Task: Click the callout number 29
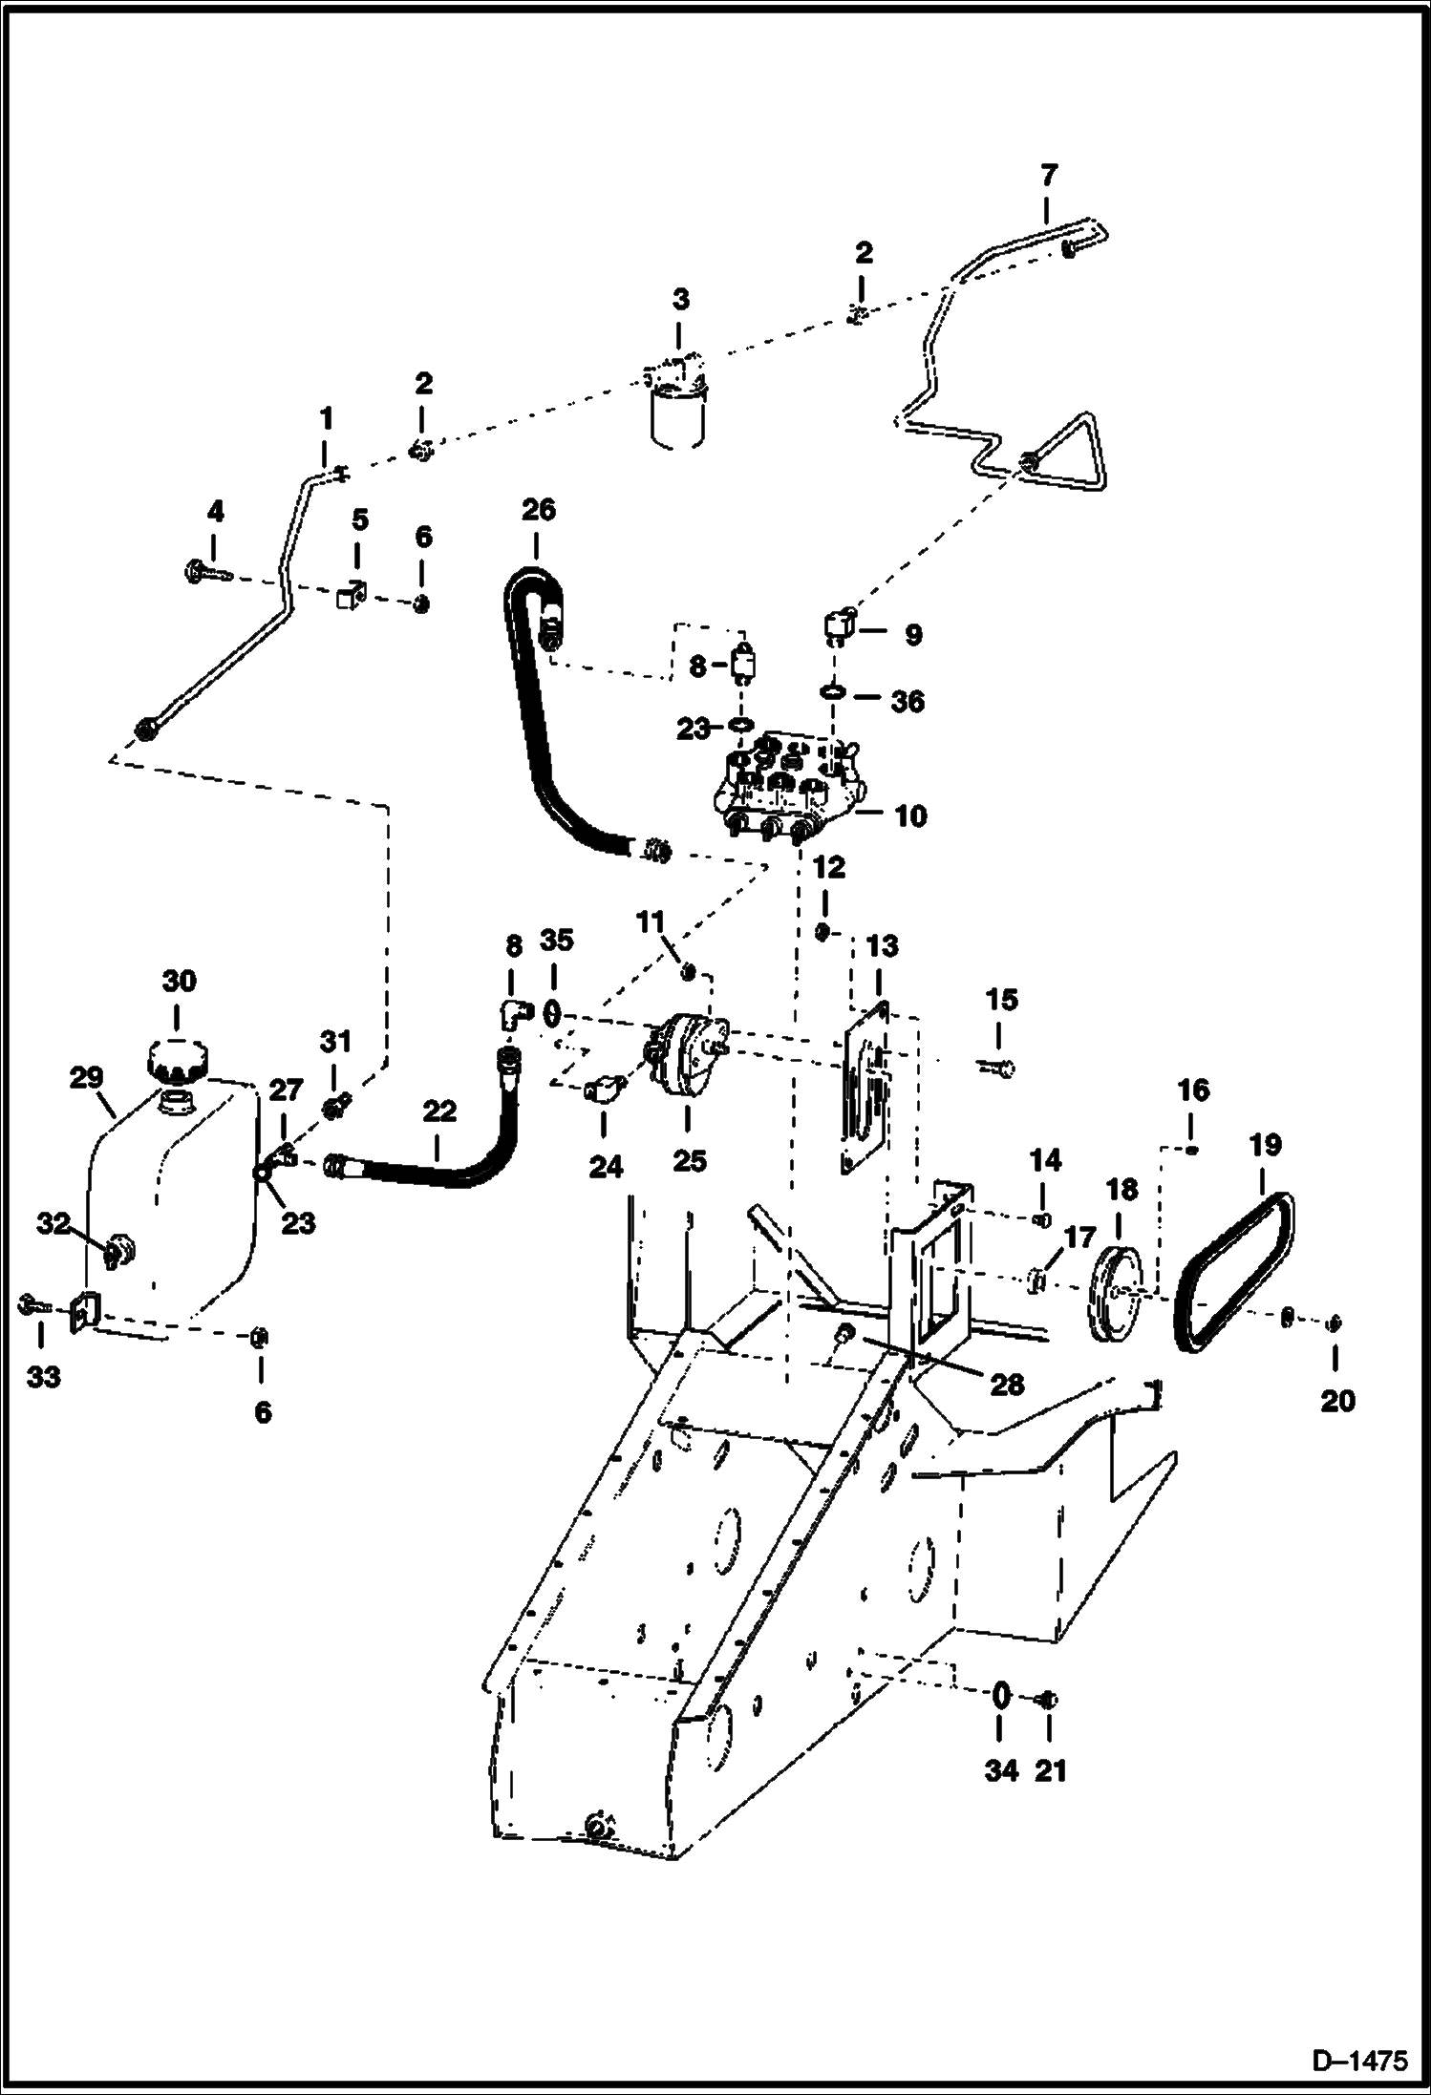(x=86, y=1078)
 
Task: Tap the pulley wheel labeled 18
(x=1115, y=1294)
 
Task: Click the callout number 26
(x=538, y=510)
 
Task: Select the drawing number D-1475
(x=1358, y=2063)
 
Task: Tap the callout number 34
(x=1000, y=1770)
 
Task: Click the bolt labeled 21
(x=1047, y=1700)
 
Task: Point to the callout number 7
(x=1048, y=176)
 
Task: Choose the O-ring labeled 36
(x=834, y=689)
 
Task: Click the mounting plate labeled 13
(x=866, y=1089)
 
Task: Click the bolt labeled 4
(x=205, y=573)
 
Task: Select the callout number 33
(x=43, y=1376)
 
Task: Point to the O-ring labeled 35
(x=552, y=1010)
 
